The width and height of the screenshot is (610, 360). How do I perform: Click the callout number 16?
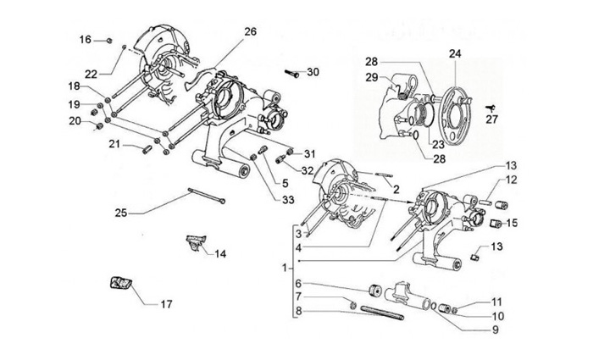[x=86, y=39]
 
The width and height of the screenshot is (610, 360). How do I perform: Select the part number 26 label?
[x=250, y=32]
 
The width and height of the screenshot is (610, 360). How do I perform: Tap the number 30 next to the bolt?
[x=313, y=72]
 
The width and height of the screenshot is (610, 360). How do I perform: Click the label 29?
[x=371, y=78]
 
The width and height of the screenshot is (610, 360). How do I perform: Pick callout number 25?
[x=120, y=213]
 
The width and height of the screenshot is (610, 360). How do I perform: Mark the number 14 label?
[x=220, y=253]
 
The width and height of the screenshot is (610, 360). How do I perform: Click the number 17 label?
[x=166, y=303]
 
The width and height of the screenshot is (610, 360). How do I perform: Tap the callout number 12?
[x=512, y=180]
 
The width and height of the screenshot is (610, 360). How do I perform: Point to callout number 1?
[x=285, y=267]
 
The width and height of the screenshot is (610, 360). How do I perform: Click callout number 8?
[x=297, y=312]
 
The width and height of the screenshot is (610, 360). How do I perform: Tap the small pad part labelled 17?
[x=117, y=283]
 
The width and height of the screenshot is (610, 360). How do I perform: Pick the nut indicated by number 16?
[x=110, y=40]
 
